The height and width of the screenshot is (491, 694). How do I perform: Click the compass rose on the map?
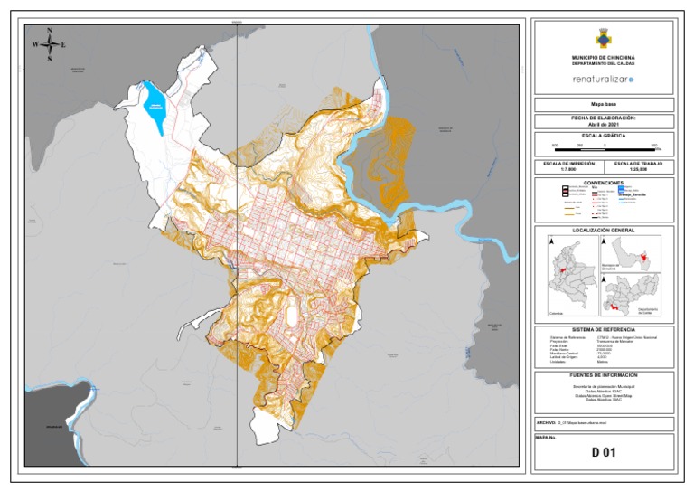pos(49,43)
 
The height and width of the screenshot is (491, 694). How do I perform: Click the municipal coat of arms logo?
pos(603,38)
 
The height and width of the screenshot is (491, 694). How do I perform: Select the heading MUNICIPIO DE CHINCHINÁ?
pos(603,57)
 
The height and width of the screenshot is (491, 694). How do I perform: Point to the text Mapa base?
pos(603,105)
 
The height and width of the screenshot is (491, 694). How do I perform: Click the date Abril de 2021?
pos(603,125)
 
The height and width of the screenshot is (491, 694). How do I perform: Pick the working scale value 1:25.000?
pos(639,170)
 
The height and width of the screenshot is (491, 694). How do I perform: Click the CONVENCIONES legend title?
pos(603,183)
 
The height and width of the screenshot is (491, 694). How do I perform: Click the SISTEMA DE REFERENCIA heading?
pos(603,329)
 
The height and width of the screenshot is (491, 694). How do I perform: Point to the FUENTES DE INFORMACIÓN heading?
pos(603,374)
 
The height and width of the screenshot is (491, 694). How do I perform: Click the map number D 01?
pos(603,452)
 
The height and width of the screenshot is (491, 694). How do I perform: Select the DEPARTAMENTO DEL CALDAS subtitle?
pos(603,63)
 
